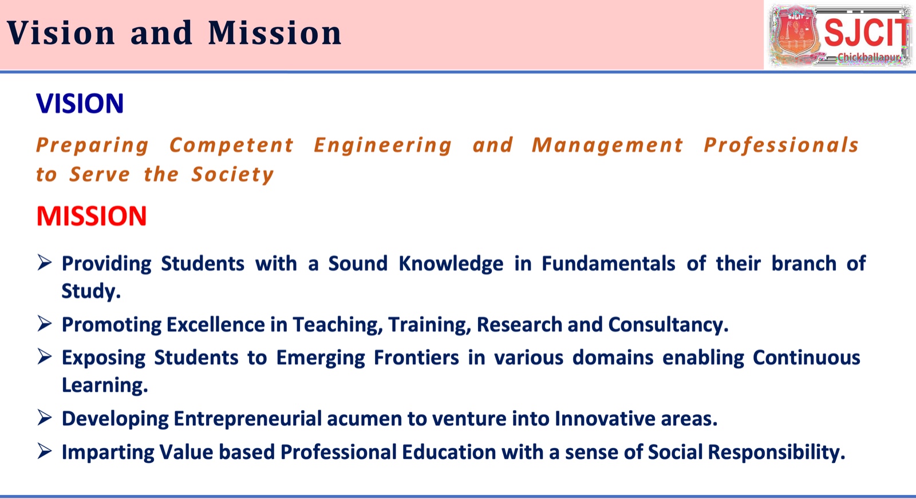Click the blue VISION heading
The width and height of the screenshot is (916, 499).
(x=80, y=103)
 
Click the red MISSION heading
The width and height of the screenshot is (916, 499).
(x=92, y=216)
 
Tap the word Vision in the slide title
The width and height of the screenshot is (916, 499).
(x=61, y=33)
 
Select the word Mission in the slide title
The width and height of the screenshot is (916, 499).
(x=275, y=33)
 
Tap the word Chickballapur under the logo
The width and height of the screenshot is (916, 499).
(x=868, y=57)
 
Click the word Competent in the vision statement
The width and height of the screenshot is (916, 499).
(x=231, y=146)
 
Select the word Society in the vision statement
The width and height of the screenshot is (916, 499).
(x=232, y=175)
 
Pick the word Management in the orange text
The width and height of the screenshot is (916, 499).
(x=607, y=146)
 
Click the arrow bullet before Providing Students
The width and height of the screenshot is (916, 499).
(x=45, y=262)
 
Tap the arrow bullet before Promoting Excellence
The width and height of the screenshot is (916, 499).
(x=45, y=323)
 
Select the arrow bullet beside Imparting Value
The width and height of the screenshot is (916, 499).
(x=45, y=451)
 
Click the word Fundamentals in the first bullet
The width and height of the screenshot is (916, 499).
(x=608, y=263)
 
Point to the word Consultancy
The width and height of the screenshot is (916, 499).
(x=668, y=325)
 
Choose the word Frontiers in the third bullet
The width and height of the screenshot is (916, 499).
(x=416, y=357)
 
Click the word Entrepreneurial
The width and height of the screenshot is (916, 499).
(x=248, y=419)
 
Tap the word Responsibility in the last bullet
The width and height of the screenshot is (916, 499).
(x=776, y=453)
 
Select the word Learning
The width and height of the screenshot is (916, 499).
(x=104, y=386)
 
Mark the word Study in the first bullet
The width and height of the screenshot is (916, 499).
(x=91, y=292)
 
